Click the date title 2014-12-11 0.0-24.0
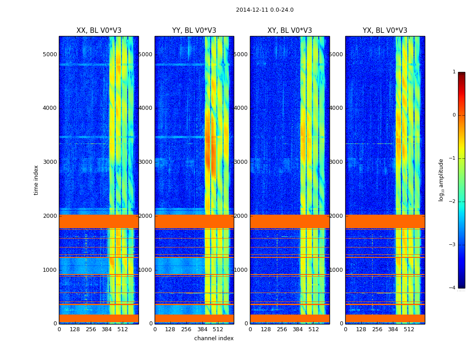click(264, 10)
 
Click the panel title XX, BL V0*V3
click(98, 31)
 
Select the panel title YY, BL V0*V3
click(194, 31)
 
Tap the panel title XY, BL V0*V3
click(289, 31)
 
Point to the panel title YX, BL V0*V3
click(385, 31)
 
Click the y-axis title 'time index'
click(36, 180)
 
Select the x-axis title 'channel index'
click(214, 338)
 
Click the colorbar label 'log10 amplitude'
click(441, 180)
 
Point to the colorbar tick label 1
click(454, 72)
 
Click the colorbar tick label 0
click(454, 115)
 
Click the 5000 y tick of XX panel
click(49, 54)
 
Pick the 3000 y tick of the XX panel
click(49, 162)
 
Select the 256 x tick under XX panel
click(91, 329)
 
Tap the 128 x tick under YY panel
click(170, 329)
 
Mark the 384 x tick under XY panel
click(298, 329)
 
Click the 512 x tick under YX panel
click(409, 329)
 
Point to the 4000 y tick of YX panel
click(336, 108)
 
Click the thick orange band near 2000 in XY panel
click(289, 221)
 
